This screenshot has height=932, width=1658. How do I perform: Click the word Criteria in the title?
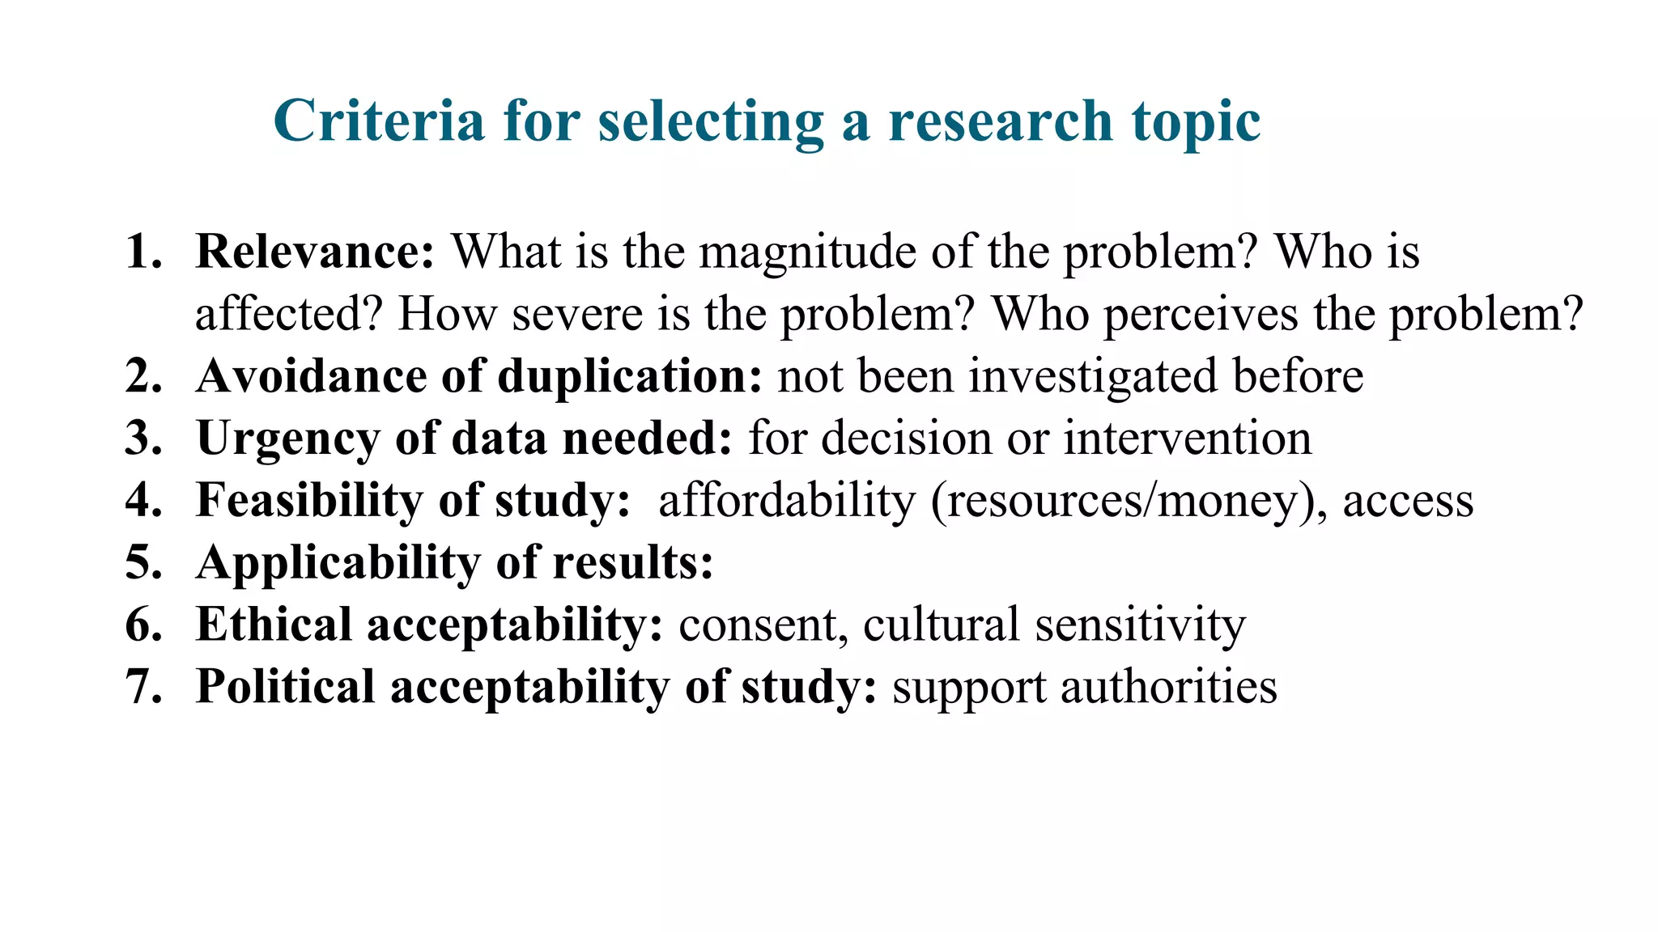(x=379, y=121)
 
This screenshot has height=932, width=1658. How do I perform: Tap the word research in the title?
(x=1000, y=121)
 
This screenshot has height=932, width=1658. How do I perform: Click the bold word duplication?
(x=629, y=377)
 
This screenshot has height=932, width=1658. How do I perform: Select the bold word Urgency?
(x=287, y=439)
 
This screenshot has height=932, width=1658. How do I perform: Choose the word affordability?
(x=786, y=501)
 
